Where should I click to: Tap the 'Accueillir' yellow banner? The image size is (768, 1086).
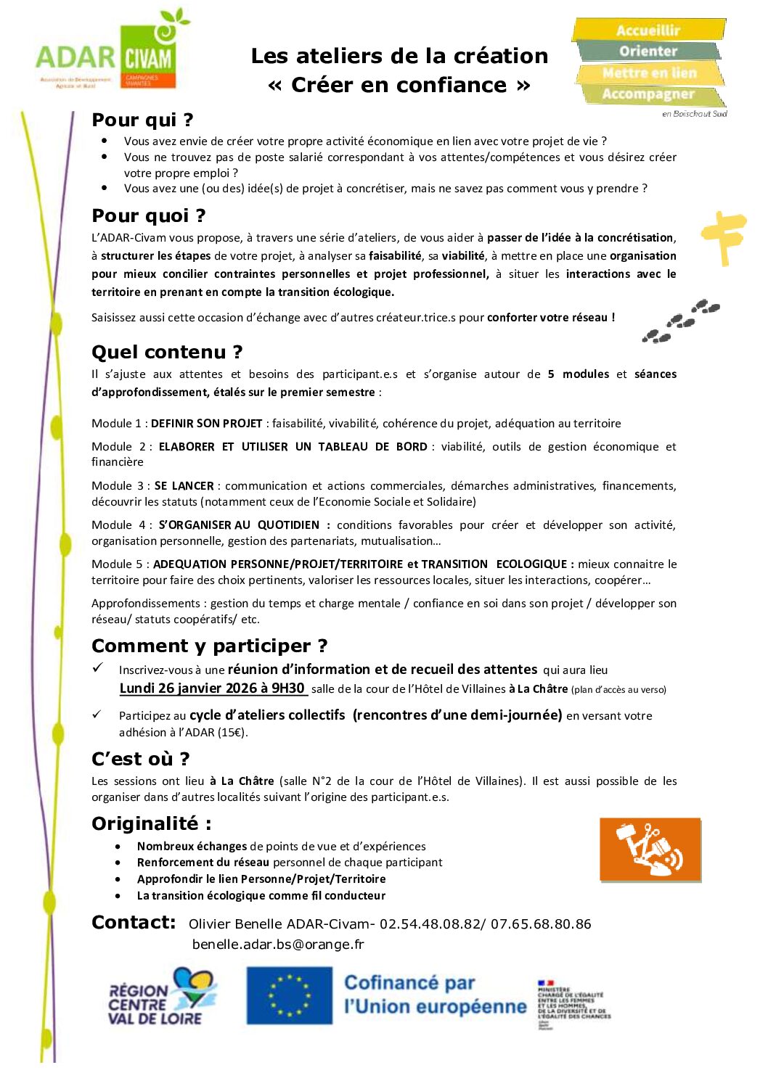click(648, 30)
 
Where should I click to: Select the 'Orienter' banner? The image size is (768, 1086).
click(648, 52)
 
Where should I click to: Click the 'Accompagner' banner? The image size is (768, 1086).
click(648, 94)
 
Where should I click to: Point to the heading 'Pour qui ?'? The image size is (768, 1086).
click(142, 120)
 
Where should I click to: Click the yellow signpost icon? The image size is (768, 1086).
click(722, 236)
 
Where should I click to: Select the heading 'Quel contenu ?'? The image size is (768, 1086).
click(167, 352)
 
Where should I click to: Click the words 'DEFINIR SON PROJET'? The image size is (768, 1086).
click(206, 424)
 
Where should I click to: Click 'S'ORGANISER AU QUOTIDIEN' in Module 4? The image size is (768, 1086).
click(239, 525)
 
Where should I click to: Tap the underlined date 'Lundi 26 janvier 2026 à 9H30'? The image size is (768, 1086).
click(212, 688)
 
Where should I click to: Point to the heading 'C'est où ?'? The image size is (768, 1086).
click(140, 759)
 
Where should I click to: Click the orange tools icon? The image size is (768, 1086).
click(650, 850)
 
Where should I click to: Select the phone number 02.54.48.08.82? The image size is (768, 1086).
click(430, 924)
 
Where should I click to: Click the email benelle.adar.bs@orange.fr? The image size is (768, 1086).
click(278, 945)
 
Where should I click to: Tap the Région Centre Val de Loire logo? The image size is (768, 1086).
click(161, 997)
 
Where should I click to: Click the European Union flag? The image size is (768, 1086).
click(289, 995)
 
